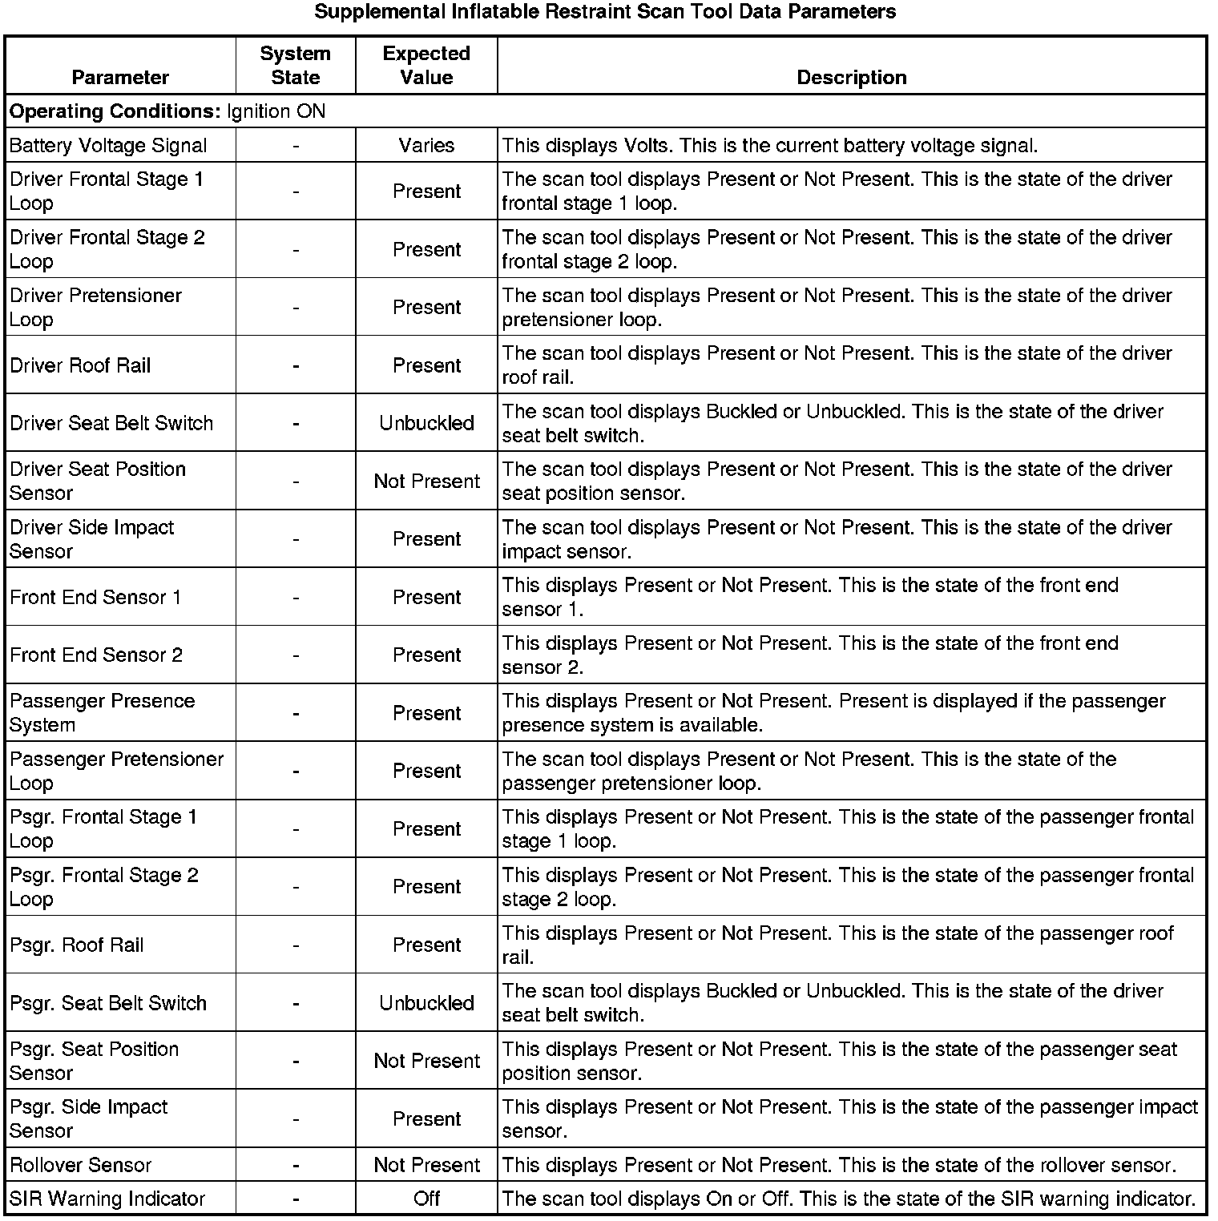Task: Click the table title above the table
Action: pyautogui.click(x=605, y=12)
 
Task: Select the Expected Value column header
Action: pyautogui.click(x=426, y=66)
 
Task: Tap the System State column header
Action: pyautogui.click(x=295, y=66)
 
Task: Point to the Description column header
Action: pyautogui.click(x=851, y=78)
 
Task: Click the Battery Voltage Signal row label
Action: pyautogui.click(x=108, y=146)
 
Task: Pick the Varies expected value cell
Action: pyautogui.click(x=426, y=146)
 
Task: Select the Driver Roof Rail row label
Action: pyautogui.click(x=80, y=365)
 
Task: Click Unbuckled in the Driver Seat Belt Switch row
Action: pyautogui.click(x=426, y=423)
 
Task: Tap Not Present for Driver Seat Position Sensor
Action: pyautogui.click(x=426, y=482)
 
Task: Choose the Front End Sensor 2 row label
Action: pyautogui.click(x=96, y=655)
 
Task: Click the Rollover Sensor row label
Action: pyautogui.click(x=80, y=1165)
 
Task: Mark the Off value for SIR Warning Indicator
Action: pyautogui.click(x=426, y=1199)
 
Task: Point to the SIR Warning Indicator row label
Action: pyautogui.click(x=107, y=1199)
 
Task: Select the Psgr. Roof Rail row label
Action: pyautogui.click(x=77, y=945)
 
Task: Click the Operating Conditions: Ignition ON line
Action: pyautogui.click(x=167, y=111)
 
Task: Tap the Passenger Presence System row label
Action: pyautogui.click(x=102, y=713)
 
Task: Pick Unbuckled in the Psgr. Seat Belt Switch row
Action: pyautogui.click(x=426, y=1003)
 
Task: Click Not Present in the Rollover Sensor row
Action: pyautogui.click(x=426, y=1165)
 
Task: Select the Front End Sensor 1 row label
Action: pyautogui.click(x=95, y=597)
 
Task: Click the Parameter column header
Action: pyautogui.click(x=120, y=78)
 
